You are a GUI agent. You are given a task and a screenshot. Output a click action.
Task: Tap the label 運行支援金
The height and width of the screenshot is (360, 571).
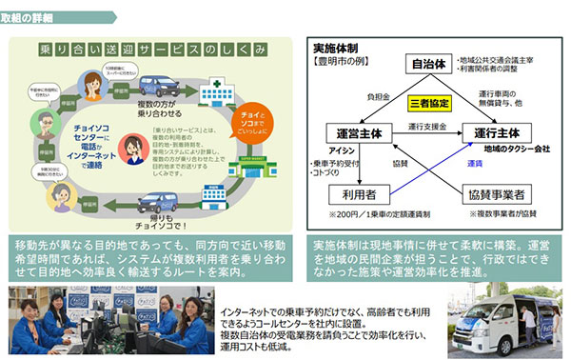(x=424, y=125)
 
